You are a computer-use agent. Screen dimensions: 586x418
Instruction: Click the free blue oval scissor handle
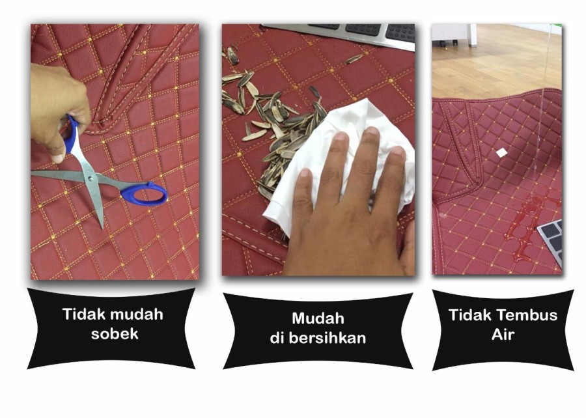pyautogui.click(x=145, y=193)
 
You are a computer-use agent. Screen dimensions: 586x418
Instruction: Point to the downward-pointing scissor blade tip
pyautogui.click(x=102, y=227)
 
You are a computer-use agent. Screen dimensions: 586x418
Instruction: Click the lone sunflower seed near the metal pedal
pyautogui.click(x=353, y=59)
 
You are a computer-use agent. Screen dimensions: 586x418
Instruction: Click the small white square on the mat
pyautogui.click(x=501, y=152)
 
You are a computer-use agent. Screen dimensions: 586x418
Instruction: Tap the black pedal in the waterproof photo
pyautogui.click(x=551, y=241)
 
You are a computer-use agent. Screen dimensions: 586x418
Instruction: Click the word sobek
pyautogui.click(x=115, y=333)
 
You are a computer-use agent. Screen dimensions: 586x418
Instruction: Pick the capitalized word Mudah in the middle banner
pyautogui.click(x=318, y=318)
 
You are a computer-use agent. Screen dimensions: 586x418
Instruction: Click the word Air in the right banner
pyautogui.click(x=503, y=334)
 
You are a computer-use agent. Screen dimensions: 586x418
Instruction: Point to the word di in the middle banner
pyautogui.click(x=277, y=338)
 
